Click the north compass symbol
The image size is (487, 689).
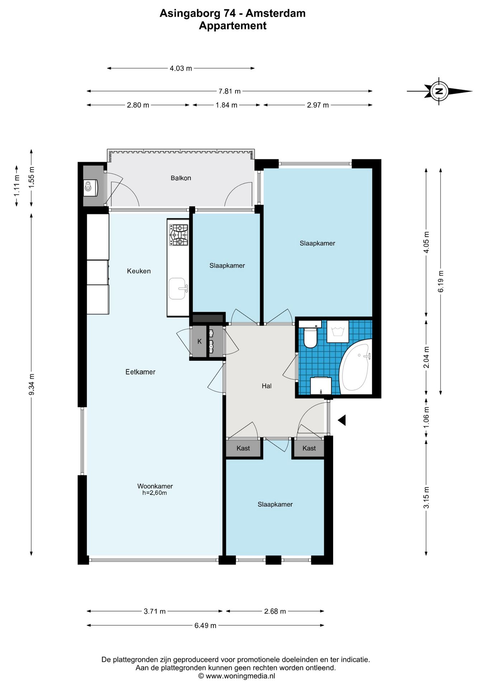coord(439,91)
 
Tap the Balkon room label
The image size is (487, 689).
coord(181,178)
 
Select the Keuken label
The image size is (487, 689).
coord(139,271)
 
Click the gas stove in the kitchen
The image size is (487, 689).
coord(179,235)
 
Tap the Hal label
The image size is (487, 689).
coord(266,386)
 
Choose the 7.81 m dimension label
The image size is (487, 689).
coord(230,91)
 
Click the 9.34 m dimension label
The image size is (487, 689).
coord(32,384)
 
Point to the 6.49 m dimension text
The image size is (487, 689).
coord(205,625)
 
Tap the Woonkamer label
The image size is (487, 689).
coord(155,486)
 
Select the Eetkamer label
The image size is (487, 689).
coord(140,372)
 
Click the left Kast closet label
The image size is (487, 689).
coord(243,448)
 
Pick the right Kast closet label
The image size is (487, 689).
coord(309,448)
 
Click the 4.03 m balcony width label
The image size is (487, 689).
coord(181,68)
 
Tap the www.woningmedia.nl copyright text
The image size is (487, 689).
coord(237,676)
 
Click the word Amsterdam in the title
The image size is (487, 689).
coord(275,13)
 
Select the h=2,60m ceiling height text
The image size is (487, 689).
coord(155,493)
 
